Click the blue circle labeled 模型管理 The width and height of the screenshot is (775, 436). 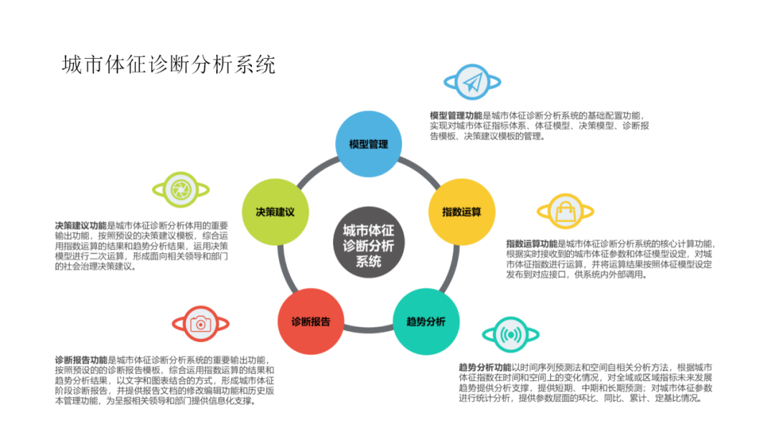click(x=368, y=144)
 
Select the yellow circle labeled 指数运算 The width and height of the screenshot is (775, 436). click(x=461, y=212)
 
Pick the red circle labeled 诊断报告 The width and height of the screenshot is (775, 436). click(x=310, y=321)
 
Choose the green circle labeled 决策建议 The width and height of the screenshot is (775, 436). click(x=275, y=212)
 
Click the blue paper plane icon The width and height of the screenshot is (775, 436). click(x=471, y=83)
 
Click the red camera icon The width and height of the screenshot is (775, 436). click(x=200, y=325)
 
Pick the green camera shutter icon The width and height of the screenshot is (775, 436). click(x=180, y=189)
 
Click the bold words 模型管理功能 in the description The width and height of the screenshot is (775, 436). click(x=456, y=115)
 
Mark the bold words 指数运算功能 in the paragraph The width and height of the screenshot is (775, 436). click(x=532, y=244)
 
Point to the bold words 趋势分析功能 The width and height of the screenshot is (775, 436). click(x=484, y=368)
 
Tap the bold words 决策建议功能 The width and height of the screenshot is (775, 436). click(x=80, y=224)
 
